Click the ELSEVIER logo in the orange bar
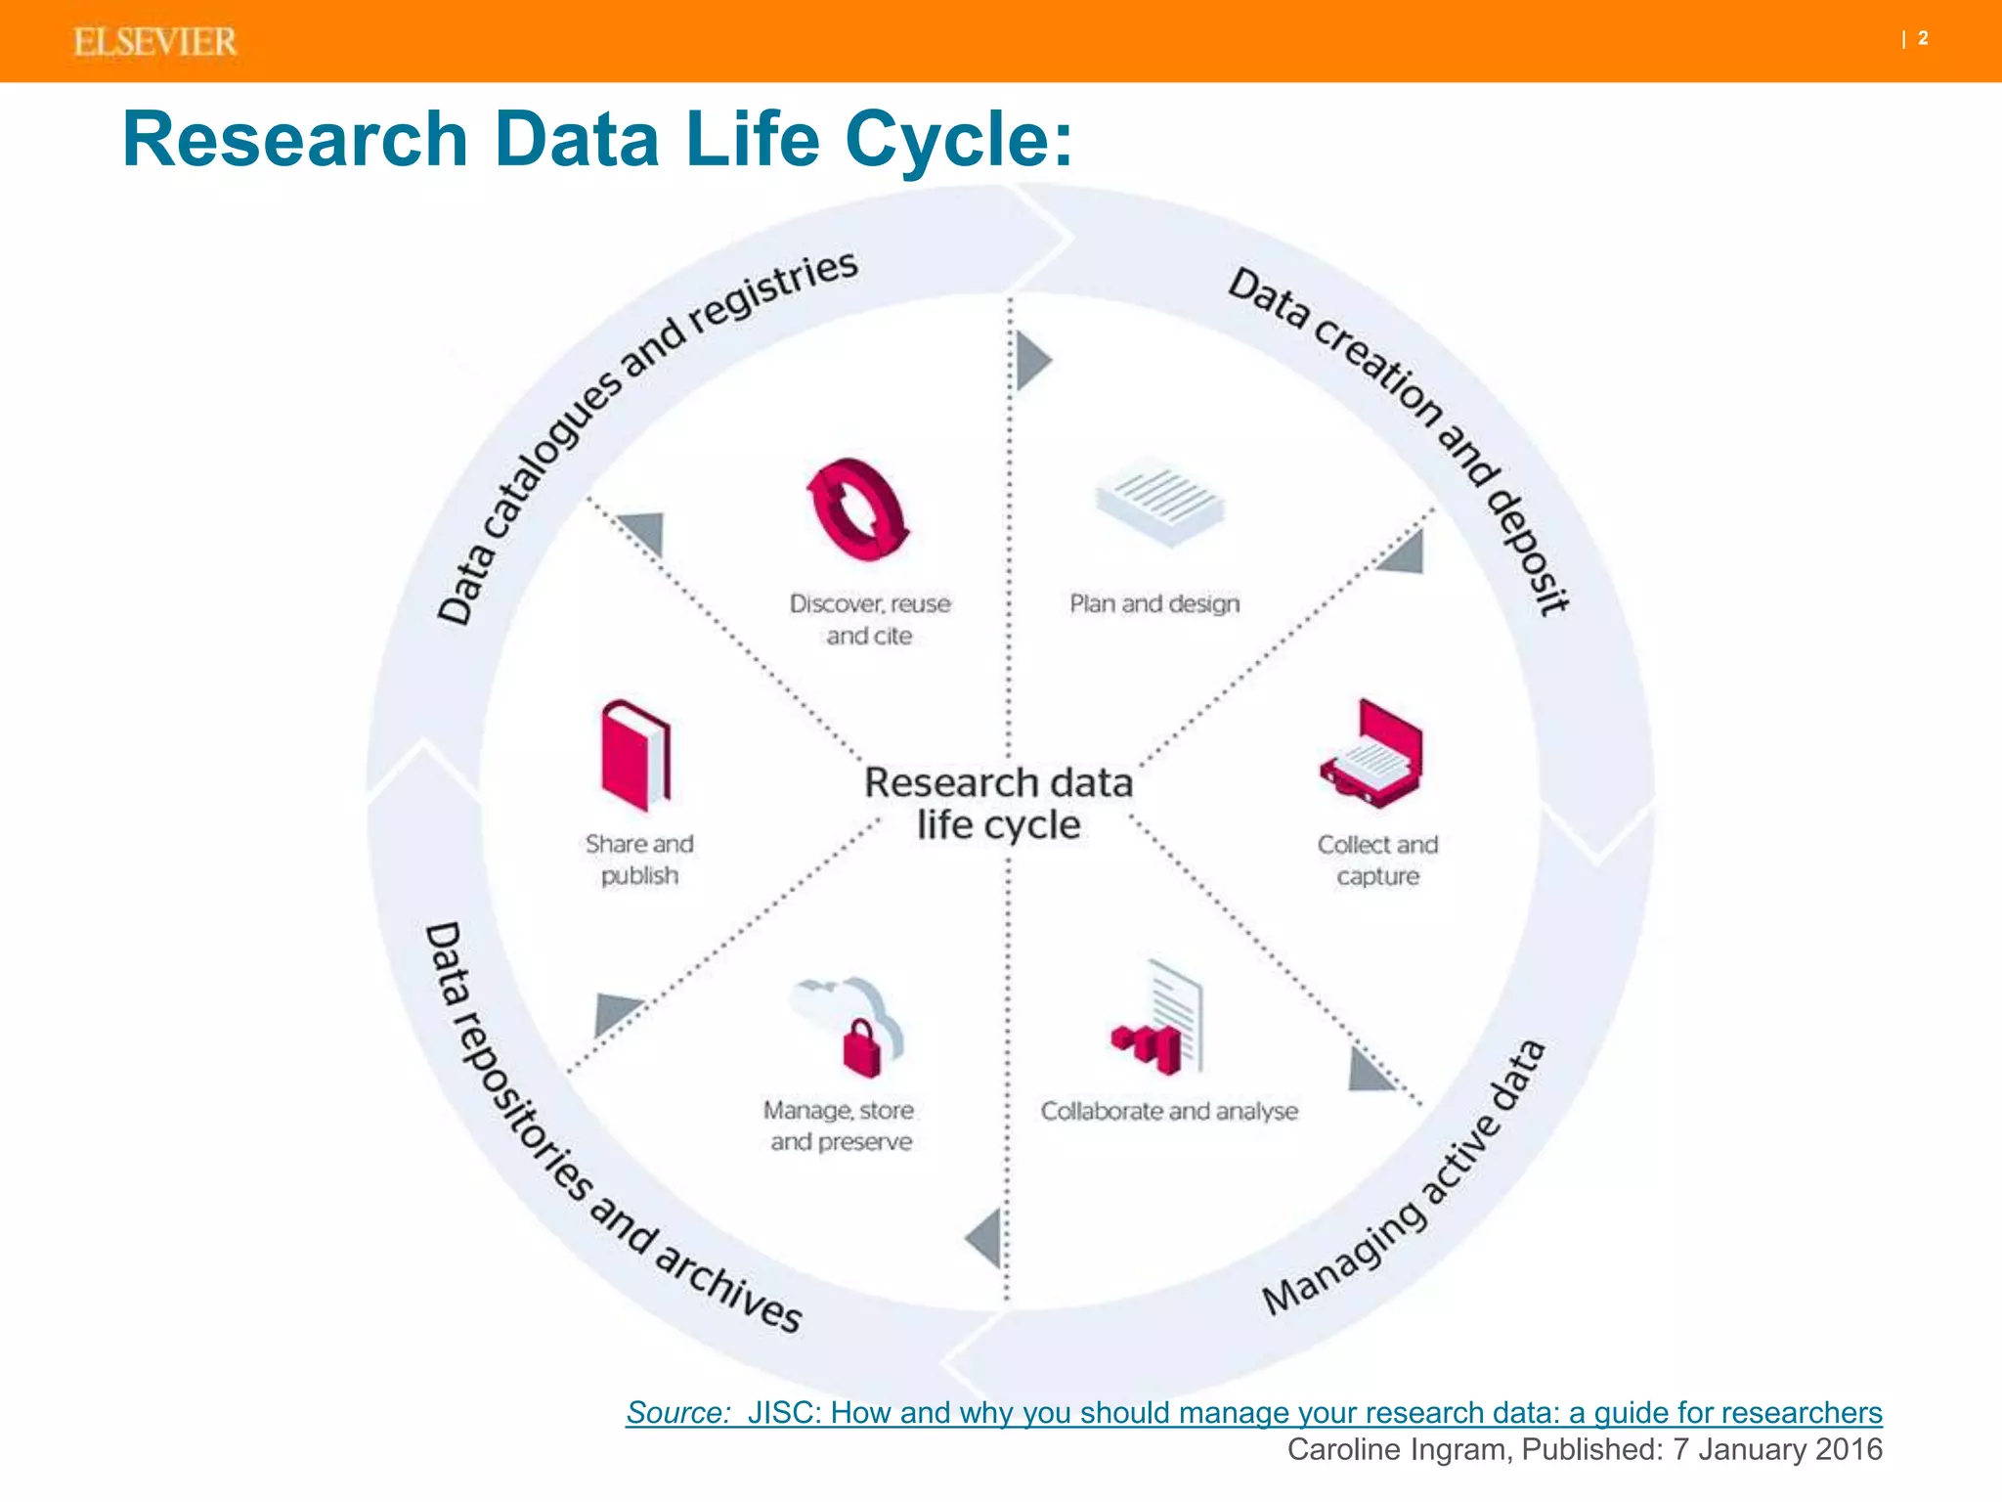coord(154,42)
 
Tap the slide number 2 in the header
coord(1922,39)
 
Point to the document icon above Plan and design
coord(1159,500)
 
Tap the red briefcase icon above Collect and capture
coord(1372,754)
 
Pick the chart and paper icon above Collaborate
coord(1160,1022)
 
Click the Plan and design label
coord(1154,603)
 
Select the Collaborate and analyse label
coord(1169,1111)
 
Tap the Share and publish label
coord(639,859)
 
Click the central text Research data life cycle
coord(998,803)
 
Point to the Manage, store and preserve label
coord(840,1126)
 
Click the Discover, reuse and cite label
coord(870,619)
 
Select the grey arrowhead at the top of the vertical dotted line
coord(1031,360)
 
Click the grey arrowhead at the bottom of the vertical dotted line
coord(985,1238)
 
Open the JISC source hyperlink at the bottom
coord(1254,1412)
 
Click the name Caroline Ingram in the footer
coord(1398,1449)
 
